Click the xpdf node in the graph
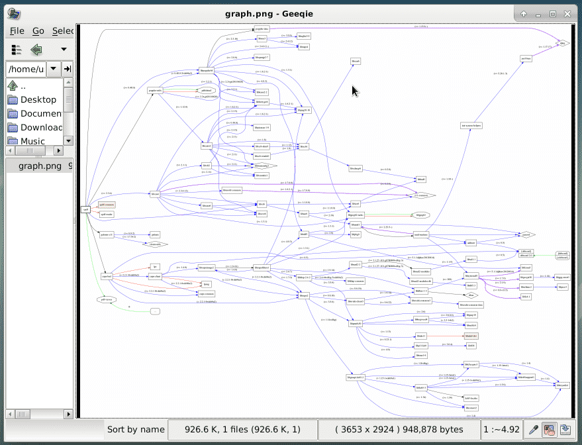85,209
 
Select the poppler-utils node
155,91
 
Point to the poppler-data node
262,29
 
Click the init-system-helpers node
471,124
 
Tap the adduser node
471,243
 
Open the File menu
17,30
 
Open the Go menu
38,30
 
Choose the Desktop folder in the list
38,99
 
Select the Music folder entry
32,141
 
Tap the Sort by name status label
136,429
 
